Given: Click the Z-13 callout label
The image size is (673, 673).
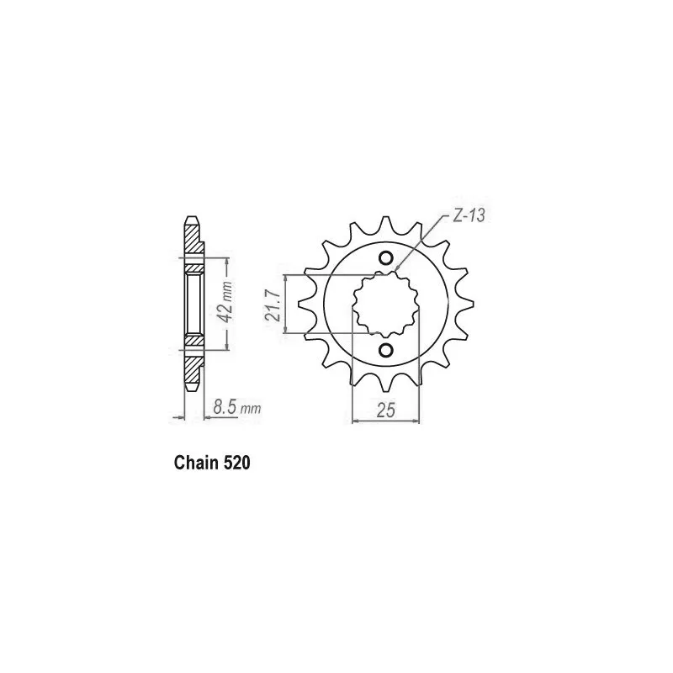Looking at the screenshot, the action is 469,215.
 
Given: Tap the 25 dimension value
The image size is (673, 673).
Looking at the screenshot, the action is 385,411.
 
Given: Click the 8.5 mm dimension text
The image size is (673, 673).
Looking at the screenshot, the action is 237,407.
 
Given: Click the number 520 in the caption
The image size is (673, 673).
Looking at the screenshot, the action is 236,464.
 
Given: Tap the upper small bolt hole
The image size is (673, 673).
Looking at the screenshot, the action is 385,258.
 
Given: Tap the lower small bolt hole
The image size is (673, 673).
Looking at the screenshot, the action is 385,350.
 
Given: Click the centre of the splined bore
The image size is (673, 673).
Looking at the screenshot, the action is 385,305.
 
